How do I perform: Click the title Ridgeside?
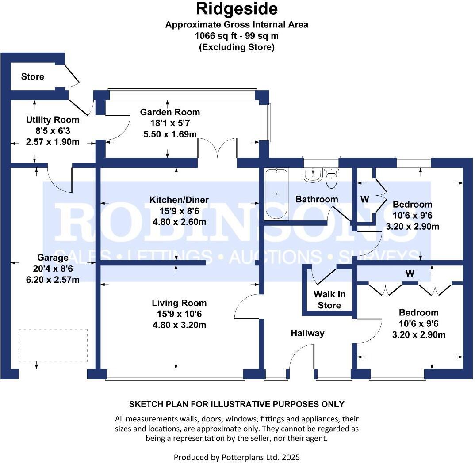click(237, 8)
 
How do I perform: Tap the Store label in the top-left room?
click(33, 76)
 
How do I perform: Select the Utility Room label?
click(53, 120)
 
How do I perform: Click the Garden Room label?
click(170, 112)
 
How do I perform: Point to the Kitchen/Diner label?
click(179, 200)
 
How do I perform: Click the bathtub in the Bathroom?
click(276, 194)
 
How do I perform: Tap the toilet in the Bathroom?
click(331, 178)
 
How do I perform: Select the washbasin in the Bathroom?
click(313, 175)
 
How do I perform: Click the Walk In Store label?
click(329, 300)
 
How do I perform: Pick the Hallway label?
click(307, 333)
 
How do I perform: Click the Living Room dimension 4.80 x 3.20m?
click(179, 326)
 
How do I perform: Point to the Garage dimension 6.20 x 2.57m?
click(53, 280)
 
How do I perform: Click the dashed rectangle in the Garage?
click(53, 345)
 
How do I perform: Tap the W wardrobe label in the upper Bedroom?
click(364, 199)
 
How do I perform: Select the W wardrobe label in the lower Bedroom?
click(410, 274)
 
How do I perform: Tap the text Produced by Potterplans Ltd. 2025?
click(237, 457)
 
